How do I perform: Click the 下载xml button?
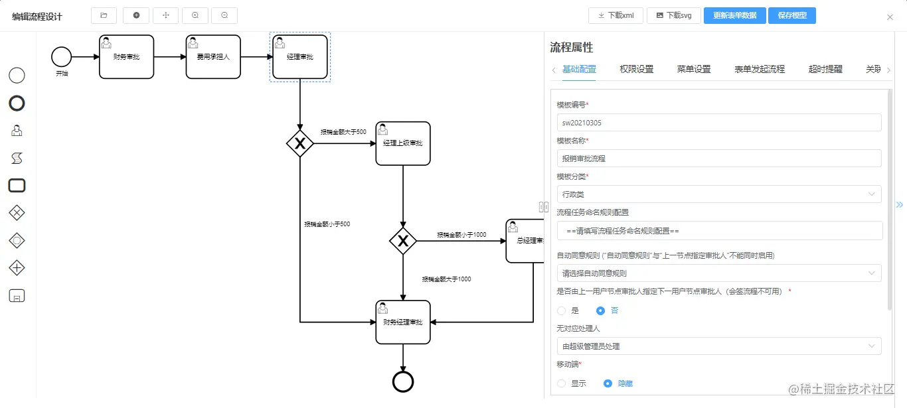tap(616, 15)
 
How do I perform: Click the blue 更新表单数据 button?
tap(734, 15)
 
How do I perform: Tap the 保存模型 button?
tap(791, 15)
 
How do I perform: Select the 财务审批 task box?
tap(126, 57)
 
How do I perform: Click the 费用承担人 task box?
tap(213, 57)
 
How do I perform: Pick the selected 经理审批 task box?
tap(300, 57)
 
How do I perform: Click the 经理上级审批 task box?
tap(403, 143)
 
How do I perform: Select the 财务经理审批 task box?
tap(403, 322)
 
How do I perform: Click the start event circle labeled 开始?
tap(61, 57)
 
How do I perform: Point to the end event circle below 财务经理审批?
tap(403, 381)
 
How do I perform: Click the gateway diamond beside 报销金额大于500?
tap(300, 143)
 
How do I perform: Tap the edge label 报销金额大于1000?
tap(446, 279)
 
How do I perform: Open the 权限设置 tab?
tap(636, 69)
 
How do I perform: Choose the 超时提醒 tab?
tap(825, 69)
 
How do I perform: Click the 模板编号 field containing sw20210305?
tap(719, 123)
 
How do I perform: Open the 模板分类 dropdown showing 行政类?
tap(719, 194)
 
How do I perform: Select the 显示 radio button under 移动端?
tap(562, 383)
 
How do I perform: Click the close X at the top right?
tap(890, 17)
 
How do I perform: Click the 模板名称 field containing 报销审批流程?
tap(719, 159)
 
